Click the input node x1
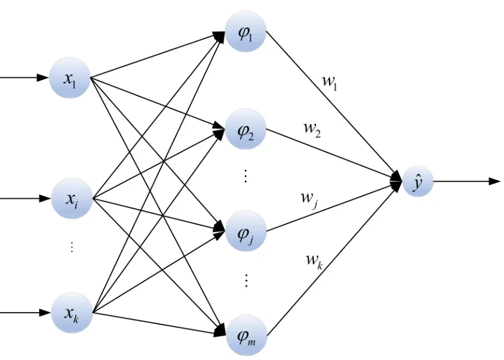pyautogui.click(x=69, y=78)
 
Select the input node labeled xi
pyautogui.click(x=72, y=198)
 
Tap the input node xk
pyautogui.click(x=72, y=312)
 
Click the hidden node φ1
pyautogui.click(x=246, y=31)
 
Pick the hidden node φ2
pyautogui.click(x=246, y=129)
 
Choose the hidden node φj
pyautogui.click(x=246, y=231)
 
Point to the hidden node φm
pyautogui.click(x=246, y=335)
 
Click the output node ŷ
pyautogui.click(x=417, y=182)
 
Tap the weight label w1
pyautogui.click(x=330, y=82)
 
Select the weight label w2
pyautogui.click(x=312, y=129)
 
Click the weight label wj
pyautogui.click(x=309, y=199)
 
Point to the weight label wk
pyautogui.click(x=314, y=261)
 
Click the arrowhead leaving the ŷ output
pyautogui.click(x=495, y=182)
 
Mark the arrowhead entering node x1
pyautogui.click(x=43, y=78)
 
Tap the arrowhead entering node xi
pyautogui.click(x=45, y=198)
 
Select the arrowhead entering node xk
pyautogui.click(x=45, y=312)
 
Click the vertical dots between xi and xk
pyautogui.click(x=72, y=247)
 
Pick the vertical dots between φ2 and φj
pyautogui.click(x=245, y=176)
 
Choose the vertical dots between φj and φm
pyautogui.click(x=246, y=280)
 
